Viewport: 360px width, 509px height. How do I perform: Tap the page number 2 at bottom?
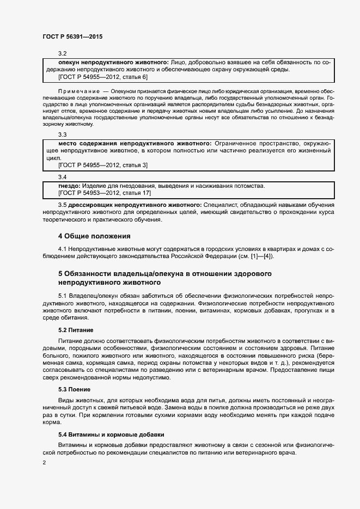44,463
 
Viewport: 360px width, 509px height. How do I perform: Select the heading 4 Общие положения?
95,236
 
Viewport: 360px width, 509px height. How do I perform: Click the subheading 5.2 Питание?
76,330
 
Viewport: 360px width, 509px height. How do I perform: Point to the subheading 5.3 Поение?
74,390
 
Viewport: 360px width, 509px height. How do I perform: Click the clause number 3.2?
62,53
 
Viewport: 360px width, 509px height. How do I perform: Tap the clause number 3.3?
62,134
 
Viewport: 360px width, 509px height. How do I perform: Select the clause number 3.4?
62,177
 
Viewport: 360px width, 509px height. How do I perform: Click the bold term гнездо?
62,186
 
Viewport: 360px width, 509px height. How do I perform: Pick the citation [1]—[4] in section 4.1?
264,256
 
